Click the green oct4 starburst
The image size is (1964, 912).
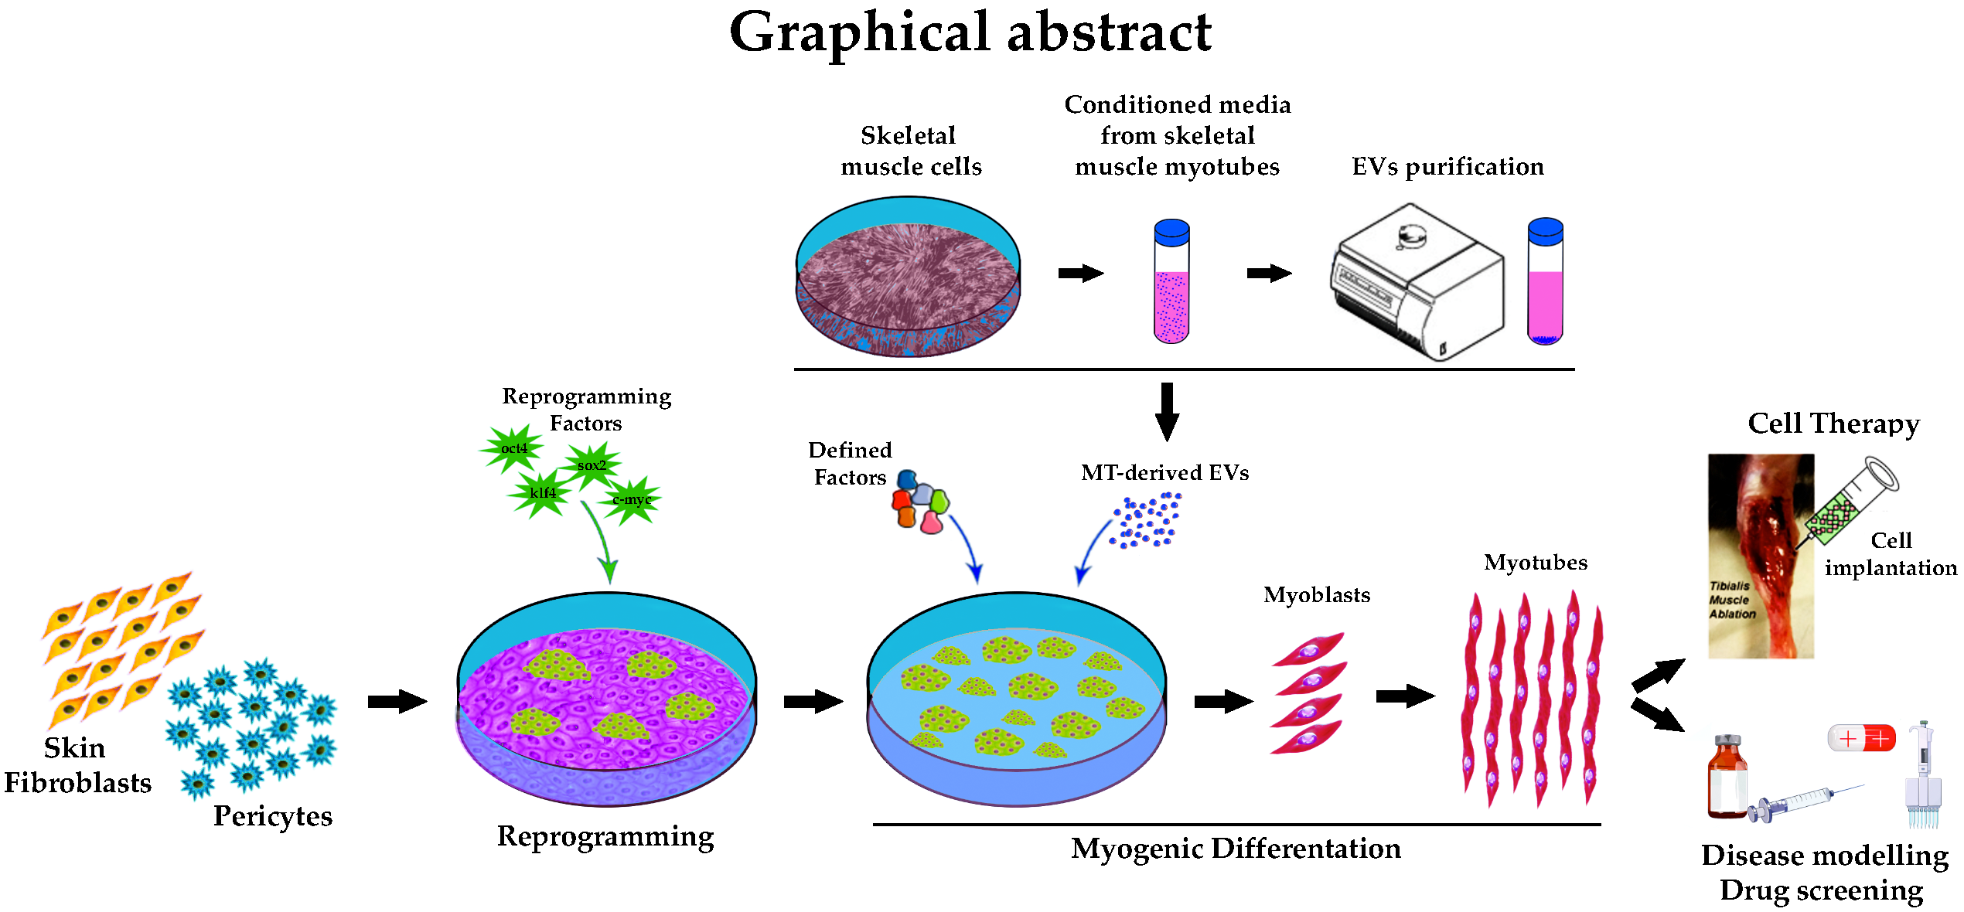click(513, 448)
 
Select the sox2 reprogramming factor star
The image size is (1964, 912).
click(592, 465)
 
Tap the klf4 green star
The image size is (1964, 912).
click(541, 493)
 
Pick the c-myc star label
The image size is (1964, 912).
click(632, 499)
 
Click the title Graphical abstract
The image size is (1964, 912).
click(970, 32)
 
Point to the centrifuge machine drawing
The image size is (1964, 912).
click(1417, 282)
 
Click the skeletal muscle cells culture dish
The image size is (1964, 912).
click(908, 277)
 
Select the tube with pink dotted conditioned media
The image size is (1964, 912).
click(1171, 282)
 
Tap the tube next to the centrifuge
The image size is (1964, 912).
click(1545, 282)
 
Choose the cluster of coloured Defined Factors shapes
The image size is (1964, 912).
click(920, 502)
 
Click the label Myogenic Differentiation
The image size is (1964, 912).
click(1236, 849)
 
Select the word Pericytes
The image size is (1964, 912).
click(273, 816)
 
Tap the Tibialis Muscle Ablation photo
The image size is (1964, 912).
click(1760, 556)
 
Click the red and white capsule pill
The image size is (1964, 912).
click(1861, 738)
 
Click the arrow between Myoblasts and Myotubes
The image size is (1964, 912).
click(1405, 696)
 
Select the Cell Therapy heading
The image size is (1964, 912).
click(1833, 424)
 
